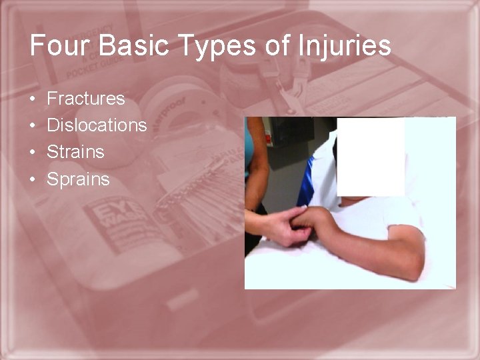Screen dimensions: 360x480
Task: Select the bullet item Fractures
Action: pyautogui.click(x=85, y=99)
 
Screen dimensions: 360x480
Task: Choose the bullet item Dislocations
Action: pyautogui.click(x=97, y=125)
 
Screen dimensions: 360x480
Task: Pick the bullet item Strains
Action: pyautogui.click(x=75, y=152)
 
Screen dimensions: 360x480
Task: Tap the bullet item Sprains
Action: pyautogui.click(x=78, y=179)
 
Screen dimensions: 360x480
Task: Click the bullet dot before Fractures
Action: pyautogui.click(x=33, y=99)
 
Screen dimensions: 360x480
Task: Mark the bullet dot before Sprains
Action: pyautogui.click(x=33, y=179)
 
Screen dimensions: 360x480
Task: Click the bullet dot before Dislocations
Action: pyautogui.click(x=33, y=126)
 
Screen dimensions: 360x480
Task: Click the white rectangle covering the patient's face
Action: pyautogui.click(x=370, y=157)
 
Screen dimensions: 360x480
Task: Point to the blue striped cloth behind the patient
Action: pyautogui.click(x=307, y=180)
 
